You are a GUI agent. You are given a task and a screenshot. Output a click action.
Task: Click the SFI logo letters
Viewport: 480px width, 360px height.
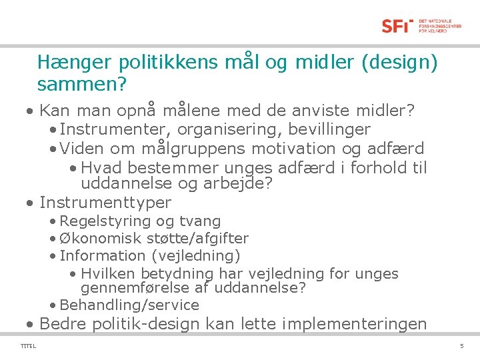[397, 26]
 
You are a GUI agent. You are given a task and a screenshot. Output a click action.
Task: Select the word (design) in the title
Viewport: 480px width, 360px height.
[399, 63]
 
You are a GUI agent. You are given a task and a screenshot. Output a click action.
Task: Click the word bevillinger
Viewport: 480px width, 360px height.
[327, 129]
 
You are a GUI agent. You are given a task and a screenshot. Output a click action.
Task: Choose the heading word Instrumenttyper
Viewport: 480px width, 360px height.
[105, 203]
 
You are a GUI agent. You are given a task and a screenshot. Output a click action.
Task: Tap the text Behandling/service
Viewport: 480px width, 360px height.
[129, 305]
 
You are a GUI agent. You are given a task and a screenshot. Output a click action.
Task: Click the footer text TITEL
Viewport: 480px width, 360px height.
[29, 346]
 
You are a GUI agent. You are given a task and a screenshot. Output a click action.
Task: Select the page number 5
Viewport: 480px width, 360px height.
[461, 346]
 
